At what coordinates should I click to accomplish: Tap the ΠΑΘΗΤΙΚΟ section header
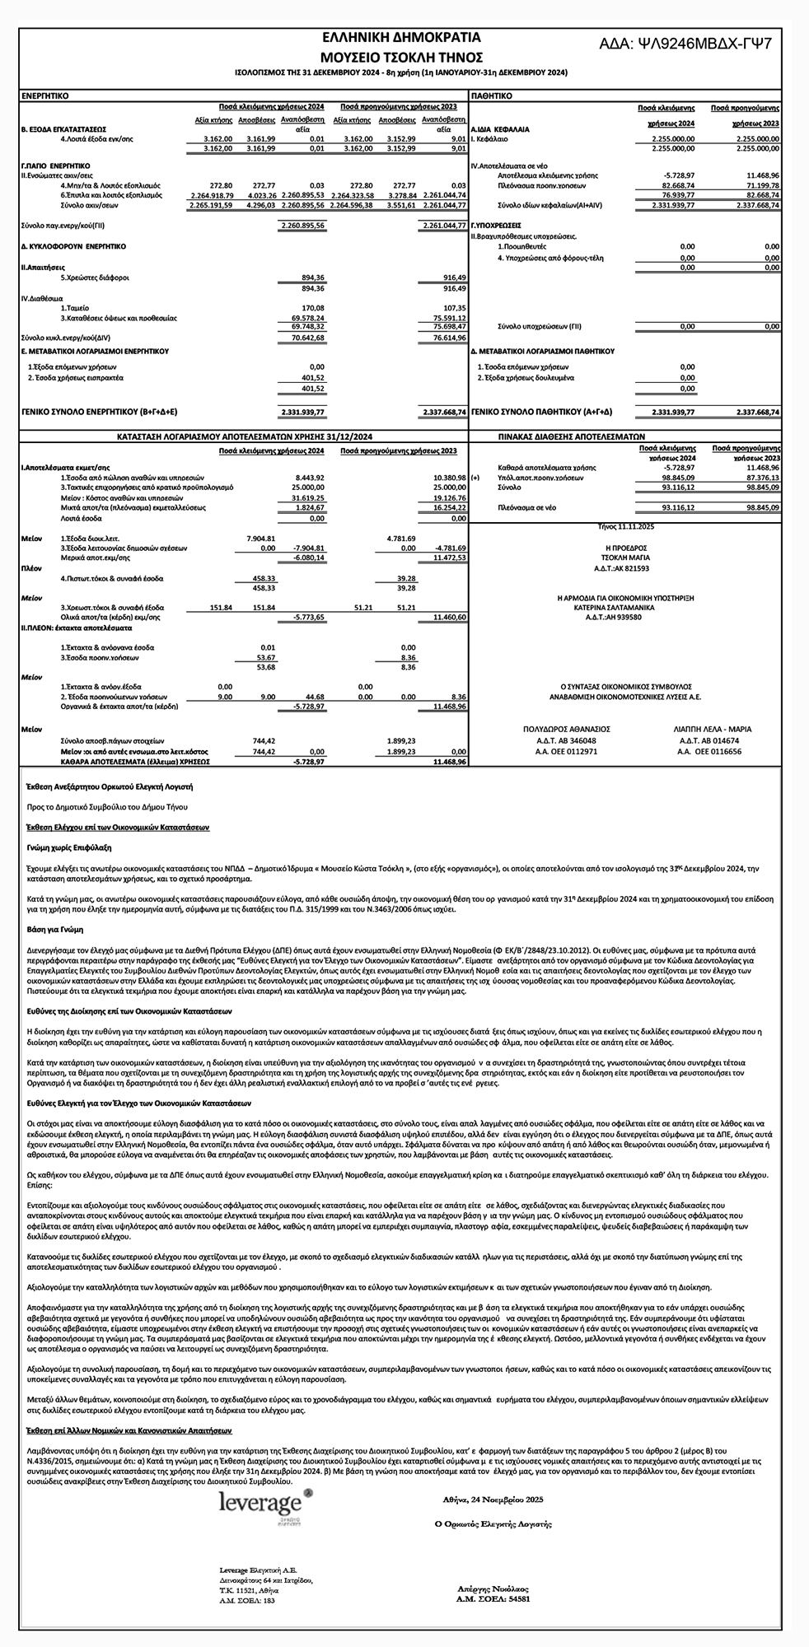point(491,96)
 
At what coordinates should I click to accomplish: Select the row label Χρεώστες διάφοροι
point(95,278)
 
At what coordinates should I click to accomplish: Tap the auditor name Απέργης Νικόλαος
point(493,1589)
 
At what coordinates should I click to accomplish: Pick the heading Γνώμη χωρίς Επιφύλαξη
point(69,847)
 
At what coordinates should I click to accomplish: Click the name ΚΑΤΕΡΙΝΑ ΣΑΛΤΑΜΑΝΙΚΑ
point(620,606)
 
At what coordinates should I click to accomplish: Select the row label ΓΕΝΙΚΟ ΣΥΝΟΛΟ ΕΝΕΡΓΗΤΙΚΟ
point(99,411)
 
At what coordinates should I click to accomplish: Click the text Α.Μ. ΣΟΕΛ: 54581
point(493,1598)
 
